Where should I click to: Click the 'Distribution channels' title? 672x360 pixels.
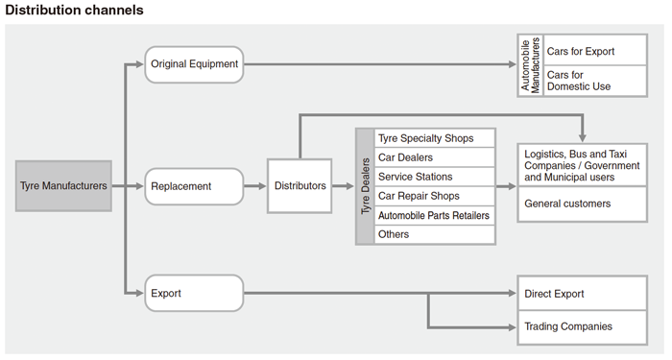coord(75,11)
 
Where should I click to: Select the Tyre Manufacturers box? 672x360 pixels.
coord(63,185)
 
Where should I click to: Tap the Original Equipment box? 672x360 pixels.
coord(194,64)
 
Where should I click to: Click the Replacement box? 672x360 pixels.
coord(194,185)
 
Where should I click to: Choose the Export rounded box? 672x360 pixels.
coord(194,293)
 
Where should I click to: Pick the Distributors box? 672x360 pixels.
coord(300,185)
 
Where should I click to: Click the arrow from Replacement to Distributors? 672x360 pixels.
coord(254,185)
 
